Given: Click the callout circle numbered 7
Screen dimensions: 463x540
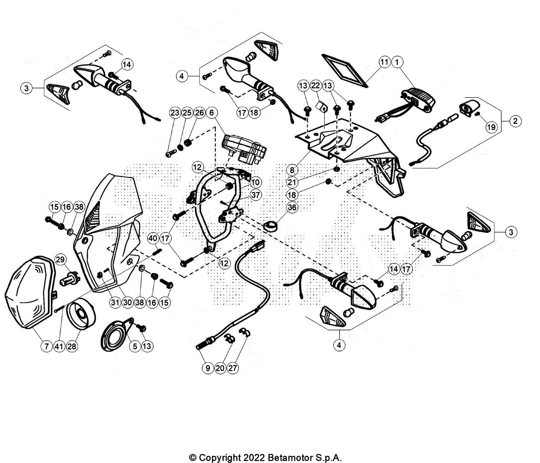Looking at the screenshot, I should point(47,346).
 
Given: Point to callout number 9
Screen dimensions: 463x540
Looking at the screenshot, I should point(208,368).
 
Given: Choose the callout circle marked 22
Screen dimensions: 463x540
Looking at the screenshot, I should point(315,86).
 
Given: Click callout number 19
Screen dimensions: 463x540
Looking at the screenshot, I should point(491,127).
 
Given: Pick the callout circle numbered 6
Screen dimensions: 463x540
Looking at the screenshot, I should point(211,113).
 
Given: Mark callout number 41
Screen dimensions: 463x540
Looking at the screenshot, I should point(59,346).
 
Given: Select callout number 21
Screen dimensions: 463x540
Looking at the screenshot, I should point(292,182).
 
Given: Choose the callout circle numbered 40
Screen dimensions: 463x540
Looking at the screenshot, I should point(153,238).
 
